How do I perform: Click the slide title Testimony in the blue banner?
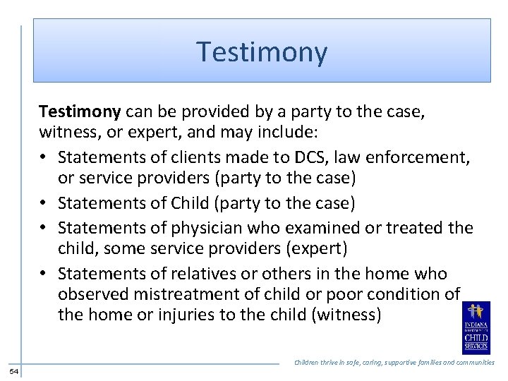click(x=262, y=52)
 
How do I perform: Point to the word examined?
click(x=313, y=228)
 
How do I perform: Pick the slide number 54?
click(x=14, y=371)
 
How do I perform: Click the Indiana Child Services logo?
click(x=476, y=327)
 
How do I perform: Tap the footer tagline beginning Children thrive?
click(x=394, y=362)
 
